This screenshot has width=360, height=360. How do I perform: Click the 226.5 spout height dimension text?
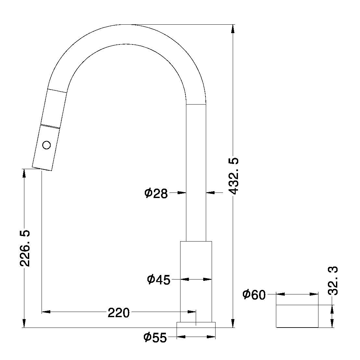[x=25, y=248]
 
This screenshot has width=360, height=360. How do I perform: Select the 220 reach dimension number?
[x=118, y=313]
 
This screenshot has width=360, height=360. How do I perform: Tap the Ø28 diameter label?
[x=156, y=193]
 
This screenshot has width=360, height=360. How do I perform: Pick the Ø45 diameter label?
[x=158, y=279]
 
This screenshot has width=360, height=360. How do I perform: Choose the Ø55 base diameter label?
[x=155, y=338]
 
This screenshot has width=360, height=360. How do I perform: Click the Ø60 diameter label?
[x=254, y=295]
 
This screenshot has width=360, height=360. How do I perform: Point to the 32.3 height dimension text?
[x=333, y=280]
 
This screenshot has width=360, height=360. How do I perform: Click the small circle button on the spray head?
[x=47, y=145]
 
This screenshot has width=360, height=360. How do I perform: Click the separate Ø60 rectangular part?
[x=297, y=316]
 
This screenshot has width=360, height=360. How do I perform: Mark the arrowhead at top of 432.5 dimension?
[x=233, y=28]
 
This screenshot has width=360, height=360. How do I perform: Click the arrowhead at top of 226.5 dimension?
[x=24, y=173]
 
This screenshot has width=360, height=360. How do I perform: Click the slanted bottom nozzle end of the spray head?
[x=42, y=169]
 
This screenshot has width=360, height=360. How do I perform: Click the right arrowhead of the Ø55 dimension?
[x=212, y=337]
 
